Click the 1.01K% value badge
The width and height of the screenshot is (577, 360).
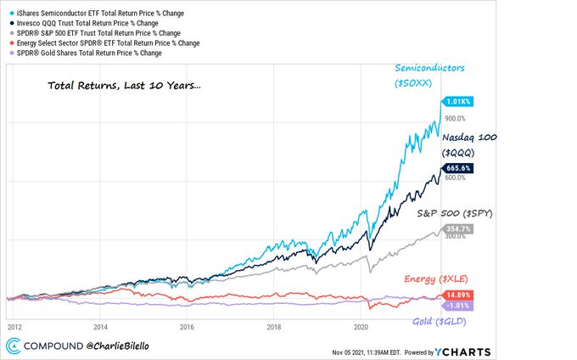457,101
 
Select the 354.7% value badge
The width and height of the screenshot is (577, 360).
457,229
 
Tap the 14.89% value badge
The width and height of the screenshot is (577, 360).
457,295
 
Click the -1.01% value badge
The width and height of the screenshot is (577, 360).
457,306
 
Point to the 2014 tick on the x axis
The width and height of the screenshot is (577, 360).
101,325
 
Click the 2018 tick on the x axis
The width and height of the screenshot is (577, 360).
274,325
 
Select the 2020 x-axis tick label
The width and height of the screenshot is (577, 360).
361,325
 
